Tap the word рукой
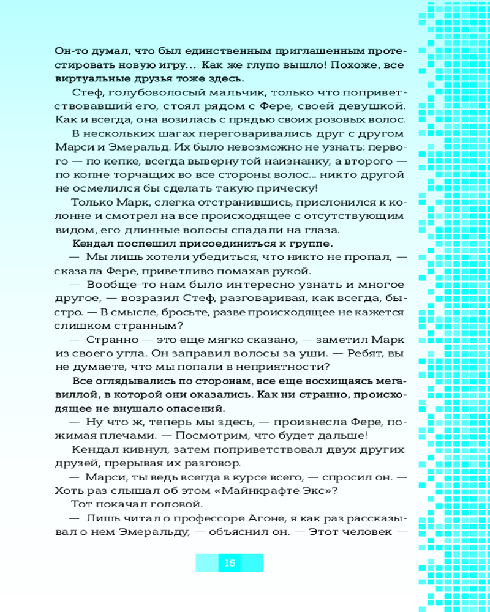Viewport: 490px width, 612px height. tap(293, 271)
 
